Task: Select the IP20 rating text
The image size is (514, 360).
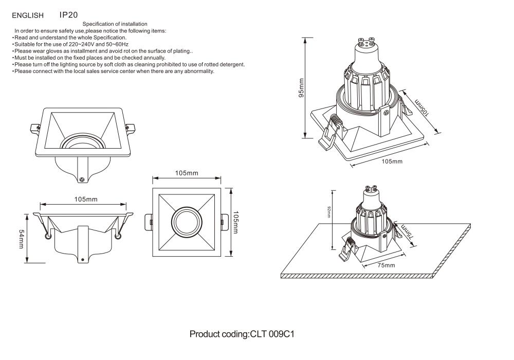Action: click(x=69, y=15)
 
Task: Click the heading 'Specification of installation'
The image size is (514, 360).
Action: click(x=115, y=24)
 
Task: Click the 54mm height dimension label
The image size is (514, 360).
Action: click(x=21, y=238)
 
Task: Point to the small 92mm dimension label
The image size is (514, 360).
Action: click(x=329, y=211)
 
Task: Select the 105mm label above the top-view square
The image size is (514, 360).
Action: click(x=186, y=173)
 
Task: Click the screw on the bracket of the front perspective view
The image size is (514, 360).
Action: click(x=82, y=179)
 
